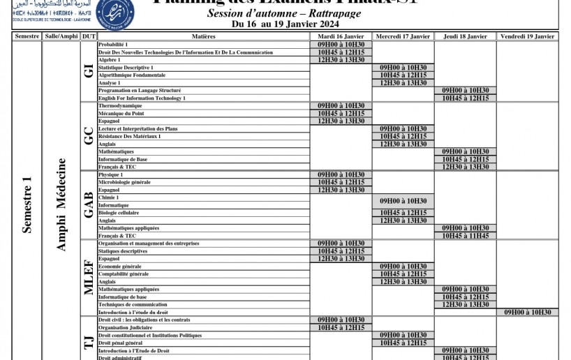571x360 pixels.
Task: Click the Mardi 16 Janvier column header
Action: pyautogui.click(x=341, y=36)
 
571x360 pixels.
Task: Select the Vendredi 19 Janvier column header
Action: pyautogui.click(x=528, y=36)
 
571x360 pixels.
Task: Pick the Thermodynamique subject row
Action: pyautogui.click(x=120, y=105)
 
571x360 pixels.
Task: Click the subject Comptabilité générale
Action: pyautogui.click(x=124, y=274)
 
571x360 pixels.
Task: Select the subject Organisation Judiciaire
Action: pyautogui.click(x=125, y=327)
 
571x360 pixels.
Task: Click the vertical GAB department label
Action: pyautogui.click(x=89, y=204)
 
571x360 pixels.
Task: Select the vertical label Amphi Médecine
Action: pyautogui.click(x=61, y=204)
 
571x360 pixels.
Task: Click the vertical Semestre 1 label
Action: pyautogui.click(x=27, y=204)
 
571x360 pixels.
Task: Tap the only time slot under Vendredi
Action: pyautogui.click(x=528, y=313)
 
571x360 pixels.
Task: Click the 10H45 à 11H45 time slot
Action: pyautogui.click(x=466, y=236)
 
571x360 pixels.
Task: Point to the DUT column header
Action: pyautogui.click(x=89, y=36)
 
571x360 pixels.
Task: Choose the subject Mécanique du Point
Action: pyautogui.click(x=121, y=113)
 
